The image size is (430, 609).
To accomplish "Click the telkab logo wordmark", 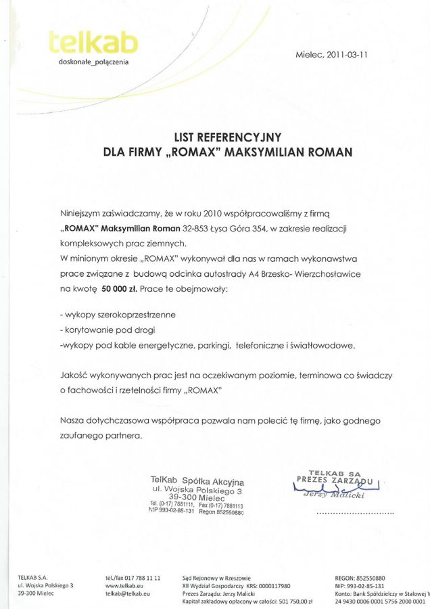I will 93,43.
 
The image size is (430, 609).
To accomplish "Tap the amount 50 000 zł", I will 120,289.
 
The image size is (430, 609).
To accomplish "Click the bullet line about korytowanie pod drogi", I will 107,330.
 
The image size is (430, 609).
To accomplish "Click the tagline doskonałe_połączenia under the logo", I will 93,62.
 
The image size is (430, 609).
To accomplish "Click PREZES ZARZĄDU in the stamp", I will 334,479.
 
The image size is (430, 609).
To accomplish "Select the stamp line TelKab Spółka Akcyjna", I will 197,481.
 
